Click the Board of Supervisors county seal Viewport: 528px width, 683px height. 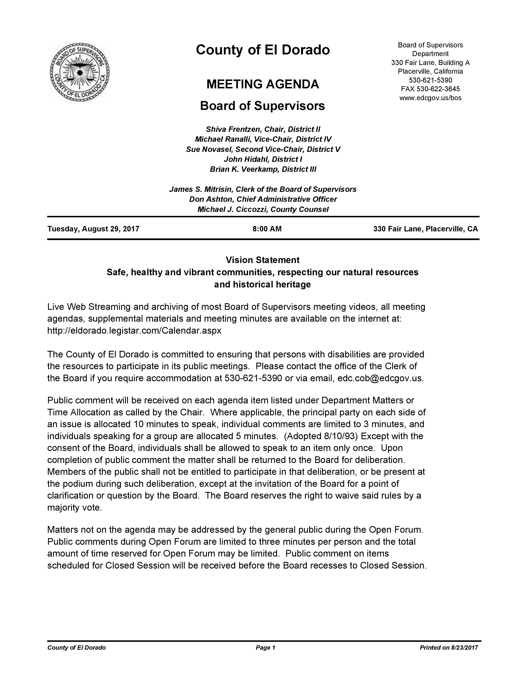[80, 73]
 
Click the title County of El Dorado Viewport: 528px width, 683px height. [263, 50]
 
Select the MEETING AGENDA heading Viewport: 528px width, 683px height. [263, 84]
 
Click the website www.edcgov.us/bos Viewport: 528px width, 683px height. [430, 97]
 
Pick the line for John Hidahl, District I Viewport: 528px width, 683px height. [263, 159]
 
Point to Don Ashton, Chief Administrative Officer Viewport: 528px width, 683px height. [263, 199]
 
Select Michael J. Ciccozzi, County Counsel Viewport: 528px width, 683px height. [263, 209]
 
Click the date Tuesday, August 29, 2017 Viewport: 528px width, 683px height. [93, 229]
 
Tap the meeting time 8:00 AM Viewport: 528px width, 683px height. [267, 229]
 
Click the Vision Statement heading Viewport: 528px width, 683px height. [263, 260]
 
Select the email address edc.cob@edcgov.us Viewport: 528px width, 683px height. [380, 378]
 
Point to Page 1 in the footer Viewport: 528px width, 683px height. [265, 648]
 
